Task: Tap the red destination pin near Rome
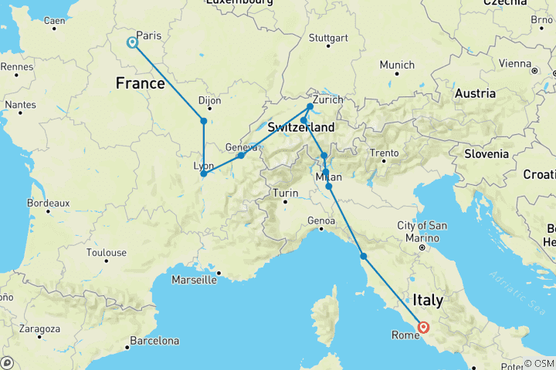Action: (x=423, y=327)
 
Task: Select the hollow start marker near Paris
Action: (x=133, y=42)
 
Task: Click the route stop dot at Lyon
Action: (x=203, y=173)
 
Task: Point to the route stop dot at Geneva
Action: (x=241, y=156)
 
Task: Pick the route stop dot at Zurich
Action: (x=310, y=106)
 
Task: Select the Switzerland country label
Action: (x=301, y=127)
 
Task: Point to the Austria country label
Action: (x=475, y=93)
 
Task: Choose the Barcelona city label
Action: (x=154, y=340)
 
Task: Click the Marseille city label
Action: (x=193, y=280)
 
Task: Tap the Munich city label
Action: (x=397, y=65)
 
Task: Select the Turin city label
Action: (x=286, y=192)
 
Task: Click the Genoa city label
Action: (x=322, y=220)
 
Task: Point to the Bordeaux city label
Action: (x=48, y=203)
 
